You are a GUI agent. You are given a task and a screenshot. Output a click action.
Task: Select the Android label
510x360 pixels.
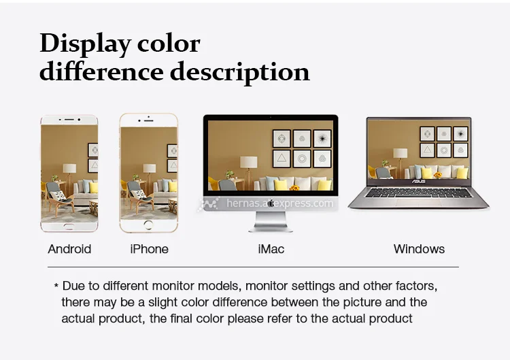tap(69, 249)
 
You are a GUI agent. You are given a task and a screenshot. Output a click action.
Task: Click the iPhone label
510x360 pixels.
tap(150, 249)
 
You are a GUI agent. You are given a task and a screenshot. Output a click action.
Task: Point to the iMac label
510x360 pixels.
tap(271, 249)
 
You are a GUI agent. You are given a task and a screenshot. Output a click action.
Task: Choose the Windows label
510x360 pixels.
tap(419, 249)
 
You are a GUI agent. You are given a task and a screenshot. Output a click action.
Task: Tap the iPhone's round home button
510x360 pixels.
tap(148, 225)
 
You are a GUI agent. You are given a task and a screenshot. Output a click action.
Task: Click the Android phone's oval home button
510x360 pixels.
tap(69, 226)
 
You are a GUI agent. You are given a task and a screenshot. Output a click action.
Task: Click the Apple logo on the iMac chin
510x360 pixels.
tap(271, 203)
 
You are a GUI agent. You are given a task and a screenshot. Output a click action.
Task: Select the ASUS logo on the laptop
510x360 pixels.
tap(419, 181)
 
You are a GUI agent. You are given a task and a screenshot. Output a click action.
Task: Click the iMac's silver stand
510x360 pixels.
tap(271, 222)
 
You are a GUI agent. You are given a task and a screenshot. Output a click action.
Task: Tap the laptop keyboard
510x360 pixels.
tap(418, 193)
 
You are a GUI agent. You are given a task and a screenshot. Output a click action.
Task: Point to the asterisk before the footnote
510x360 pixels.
tap(56, 286)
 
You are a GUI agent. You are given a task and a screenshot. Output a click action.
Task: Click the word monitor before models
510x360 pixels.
tap(173, 286)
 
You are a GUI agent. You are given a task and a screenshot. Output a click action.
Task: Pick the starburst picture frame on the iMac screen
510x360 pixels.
tap(322, 139)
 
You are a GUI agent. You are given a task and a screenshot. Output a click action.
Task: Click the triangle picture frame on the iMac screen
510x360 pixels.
tap(282, 159)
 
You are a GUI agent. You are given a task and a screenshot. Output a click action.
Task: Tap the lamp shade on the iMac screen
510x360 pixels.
tap(248, 162)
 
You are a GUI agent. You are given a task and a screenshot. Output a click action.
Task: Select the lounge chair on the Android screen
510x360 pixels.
tap(58, 199)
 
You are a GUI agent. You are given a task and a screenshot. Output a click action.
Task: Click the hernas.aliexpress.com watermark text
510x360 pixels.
tap(279, 203)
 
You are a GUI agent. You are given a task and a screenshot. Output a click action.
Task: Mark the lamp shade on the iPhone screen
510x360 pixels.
tap(150, 168)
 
